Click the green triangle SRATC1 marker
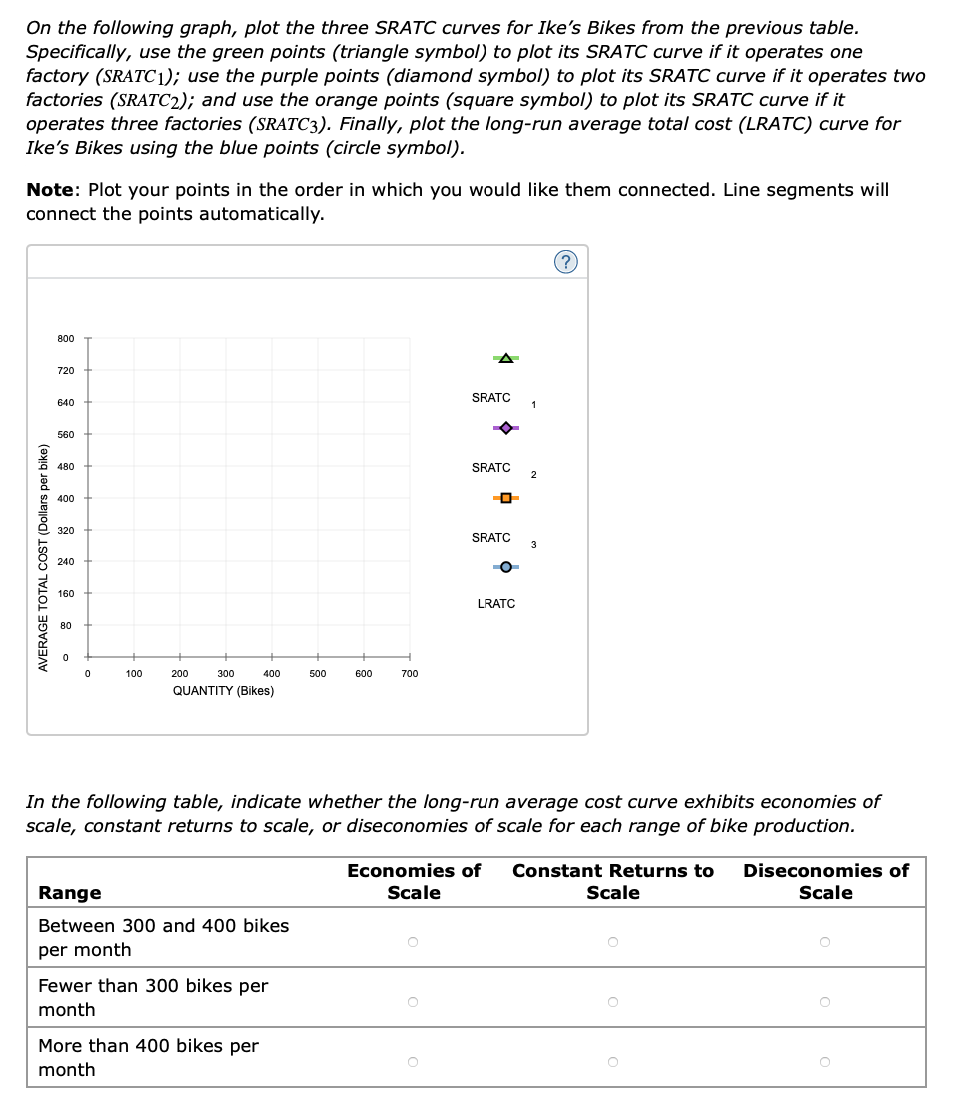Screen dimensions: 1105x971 click(505, 358)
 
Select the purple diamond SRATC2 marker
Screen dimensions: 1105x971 click(505, 428)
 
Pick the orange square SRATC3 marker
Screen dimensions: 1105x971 click(505, 498)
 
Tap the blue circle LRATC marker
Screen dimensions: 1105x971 click(505, 567)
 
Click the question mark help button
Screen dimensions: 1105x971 click(565, 262)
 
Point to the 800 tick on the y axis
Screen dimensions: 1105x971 click(65, 339)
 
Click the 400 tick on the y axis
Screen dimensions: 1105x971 click(65, 498)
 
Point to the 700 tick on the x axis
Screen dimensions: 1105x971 click(409, 674)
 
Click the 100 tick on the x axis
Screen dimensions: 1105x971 click(133, 674)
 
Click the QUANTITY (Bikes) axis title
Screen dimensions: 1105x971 click(223, 691)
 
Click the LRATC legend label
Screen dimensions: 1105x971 click(496, 604)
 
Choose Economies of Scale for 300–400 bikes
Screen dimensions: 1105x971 click(414, 940)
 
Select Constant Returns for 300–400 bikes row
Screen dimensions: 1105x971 click(613, 940)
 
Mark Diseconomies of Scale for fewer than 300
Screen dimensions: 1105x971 click(825, 1000)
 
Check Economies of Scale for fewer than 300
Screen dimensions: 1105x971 click(414, 1000)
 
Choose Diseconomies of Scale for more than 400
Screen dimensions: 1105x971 click(825, 1060)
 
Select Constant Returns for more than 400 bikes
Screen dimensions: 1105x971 click(613, 1060)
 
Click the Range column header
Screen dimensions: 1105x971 click(69, 893)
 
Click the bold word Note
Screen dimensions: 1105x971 click(52, 190)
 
